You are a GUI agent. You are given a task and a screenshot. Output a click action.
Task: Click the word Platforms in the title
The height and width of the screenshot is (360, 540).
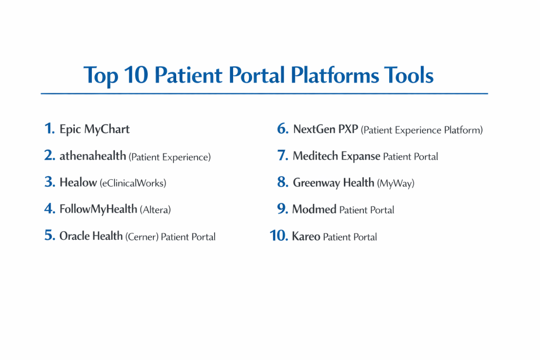[334, 75]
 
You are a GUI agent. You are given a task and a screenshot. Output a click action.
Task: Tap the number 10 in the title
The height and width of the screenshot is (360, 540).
[136, 75]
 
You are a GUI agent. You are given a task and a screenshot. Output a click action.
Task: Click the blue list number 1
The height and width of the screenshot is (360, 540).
[49, 129]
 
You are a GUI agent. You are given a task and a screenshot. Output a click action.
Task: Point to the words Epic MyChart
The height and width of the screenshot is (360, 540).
[94, 130]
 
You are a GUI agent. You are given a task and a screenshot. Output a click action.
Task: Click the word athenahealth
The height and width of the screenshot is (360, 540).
[93, 156]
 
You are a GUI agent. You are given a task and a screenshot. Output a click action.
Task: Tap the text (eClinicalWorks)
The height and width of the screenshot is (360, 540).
[133, 183]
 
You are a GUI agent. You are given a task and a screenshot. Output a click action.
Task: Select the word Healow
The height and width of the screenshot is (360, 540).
[78, 182]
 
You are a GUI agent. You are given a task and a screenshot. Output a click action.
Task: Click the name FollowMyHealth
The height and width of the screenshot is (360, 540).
[98, 209]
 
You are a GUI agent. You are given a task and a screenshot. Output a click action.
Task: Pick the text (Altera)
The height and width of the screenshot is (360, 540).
[156, 210]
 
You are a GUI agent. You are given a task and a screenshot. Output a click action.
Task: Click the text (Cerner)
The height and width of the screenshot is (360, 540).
[142, 237]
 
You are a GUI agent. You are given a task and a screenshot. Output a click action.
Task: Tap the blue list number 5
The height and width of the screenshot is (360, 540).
[50, 236]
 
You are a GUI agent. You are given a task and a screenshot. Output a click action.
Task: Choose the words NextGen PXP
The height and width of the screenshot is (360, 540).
[325, 129]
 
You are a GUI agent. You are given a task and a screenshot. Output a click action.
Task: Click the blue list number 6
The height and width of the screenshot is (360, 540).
[283, 129]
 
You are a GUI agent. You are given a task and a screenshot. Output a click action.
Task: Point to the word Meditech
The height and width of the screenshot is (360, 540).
[315, 156]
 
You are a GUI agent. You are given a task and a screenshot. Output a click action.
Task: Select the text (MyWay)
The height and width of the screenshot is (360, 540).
[396, 183]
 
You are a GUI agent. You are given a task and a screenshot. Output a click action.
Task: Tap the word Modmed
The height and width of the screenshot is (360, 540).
[314, 209]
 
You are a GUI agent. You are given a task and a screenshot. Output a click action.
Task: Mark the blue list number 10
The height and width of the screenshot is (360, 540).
[278, 236]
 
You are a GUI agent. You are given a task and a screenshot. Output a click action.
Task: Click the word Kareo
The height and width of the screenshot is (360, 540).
[306, 236]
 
